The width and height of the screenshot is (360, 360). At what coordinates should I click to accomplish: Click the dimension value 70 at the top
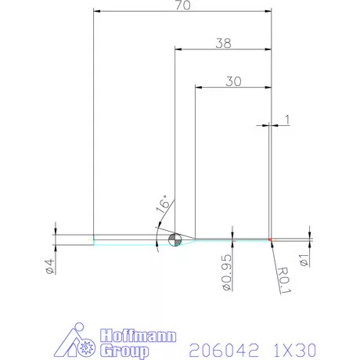181,5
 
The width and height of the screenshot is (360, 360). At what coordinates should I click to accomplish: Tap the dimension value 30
232,81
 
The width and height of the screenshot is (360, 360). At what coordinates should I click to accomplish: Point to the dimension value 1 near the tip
288,119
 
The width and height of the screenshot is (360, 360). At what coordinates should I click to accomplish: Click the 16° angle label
162,206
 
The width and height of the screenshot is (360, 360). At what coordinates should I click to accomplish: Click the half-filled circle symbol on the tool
175,239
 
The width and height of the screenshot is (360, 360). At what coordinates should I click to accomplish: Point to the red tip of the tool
270,239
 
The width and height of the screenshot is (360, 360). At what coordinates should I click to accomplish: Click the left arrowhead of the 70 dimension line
95,12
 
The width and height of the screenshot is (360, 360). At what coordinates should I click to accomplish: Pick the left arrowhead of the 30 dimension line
198,88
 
